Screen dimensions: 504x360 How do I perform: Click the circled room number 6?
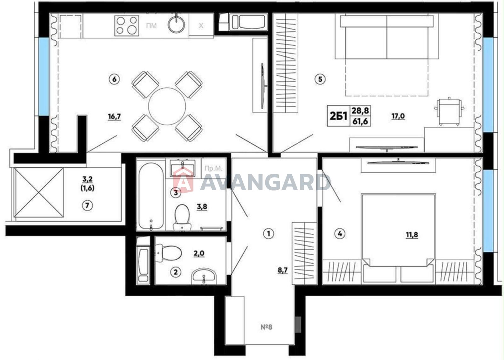[114, 79]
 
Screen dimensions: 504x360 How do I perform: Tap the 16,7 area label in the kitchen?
[114, 117]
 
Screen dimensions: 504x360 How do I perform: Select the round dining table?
[167, 106]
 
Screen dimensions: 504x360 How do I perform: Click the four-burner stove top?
[127, 26]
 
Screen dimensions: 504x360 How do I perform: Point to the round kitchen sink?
[176, 25]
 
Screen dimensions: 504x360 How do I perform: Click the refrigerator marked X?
[201, 26]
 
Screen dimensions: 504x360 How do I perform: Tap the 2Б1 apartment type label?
[338, 116]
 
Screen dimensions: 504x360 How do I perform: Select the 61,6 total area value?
[360, 122]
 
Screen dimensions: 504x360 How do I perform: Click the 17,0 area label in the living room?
[398, 116]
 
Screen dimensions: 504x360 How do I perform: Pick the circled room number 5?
[320, 79]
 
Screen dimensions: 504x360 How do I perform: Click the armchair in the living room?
[449, 111]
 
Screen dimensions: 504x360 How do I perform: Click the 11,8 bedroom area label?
[412, 235]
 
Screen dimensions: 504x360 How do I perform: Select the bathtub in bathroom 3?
[151, 196]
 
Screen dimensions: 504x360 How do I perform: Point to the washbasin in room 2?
[204, 276]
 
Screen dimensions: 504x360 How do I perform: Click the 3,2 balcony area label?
[88, 179]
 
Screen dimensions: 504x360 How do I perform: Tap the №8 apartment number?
[266, 327]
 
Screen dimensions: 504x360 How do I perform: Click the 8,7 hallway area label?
[283, 270]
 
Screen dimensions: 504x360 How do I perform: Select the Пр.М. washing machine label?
[213, 168]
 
